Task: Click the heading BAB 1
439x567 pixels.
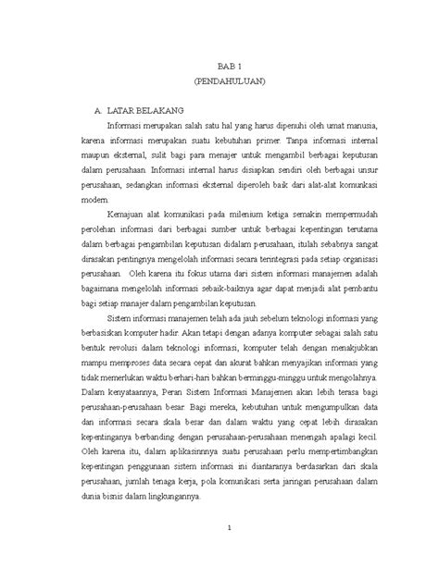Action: click(x=229, y=68)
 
